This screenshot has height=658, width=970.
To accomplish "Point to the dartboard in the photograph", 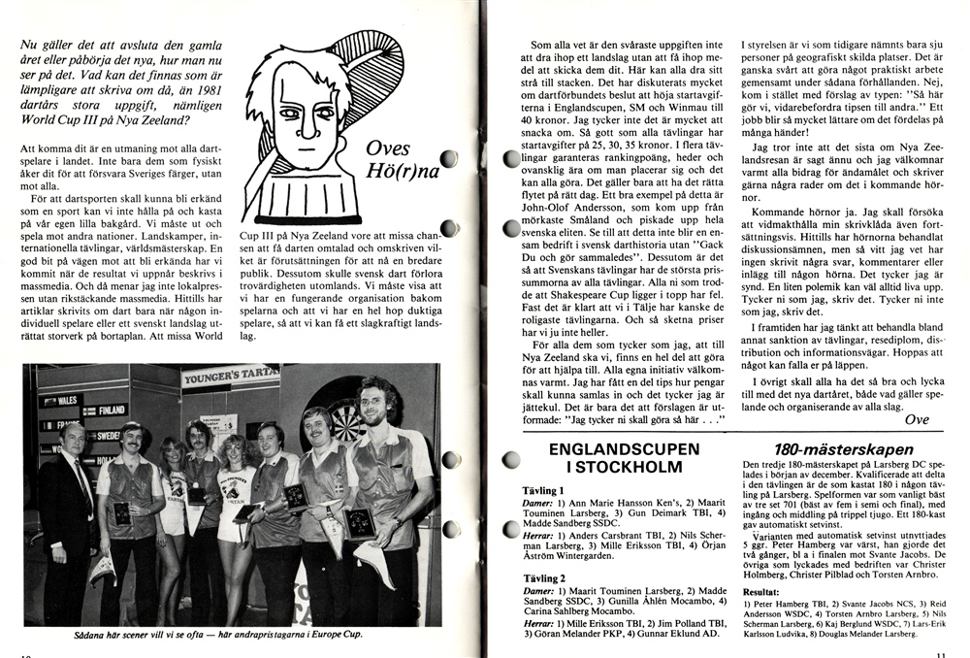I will click(345, 418).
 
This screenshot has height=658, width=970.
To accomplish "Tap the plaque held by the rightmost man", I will click(360, 521).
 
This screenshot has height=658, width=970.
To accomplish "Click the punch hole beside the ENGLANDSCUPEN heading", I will click(511, 459).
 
